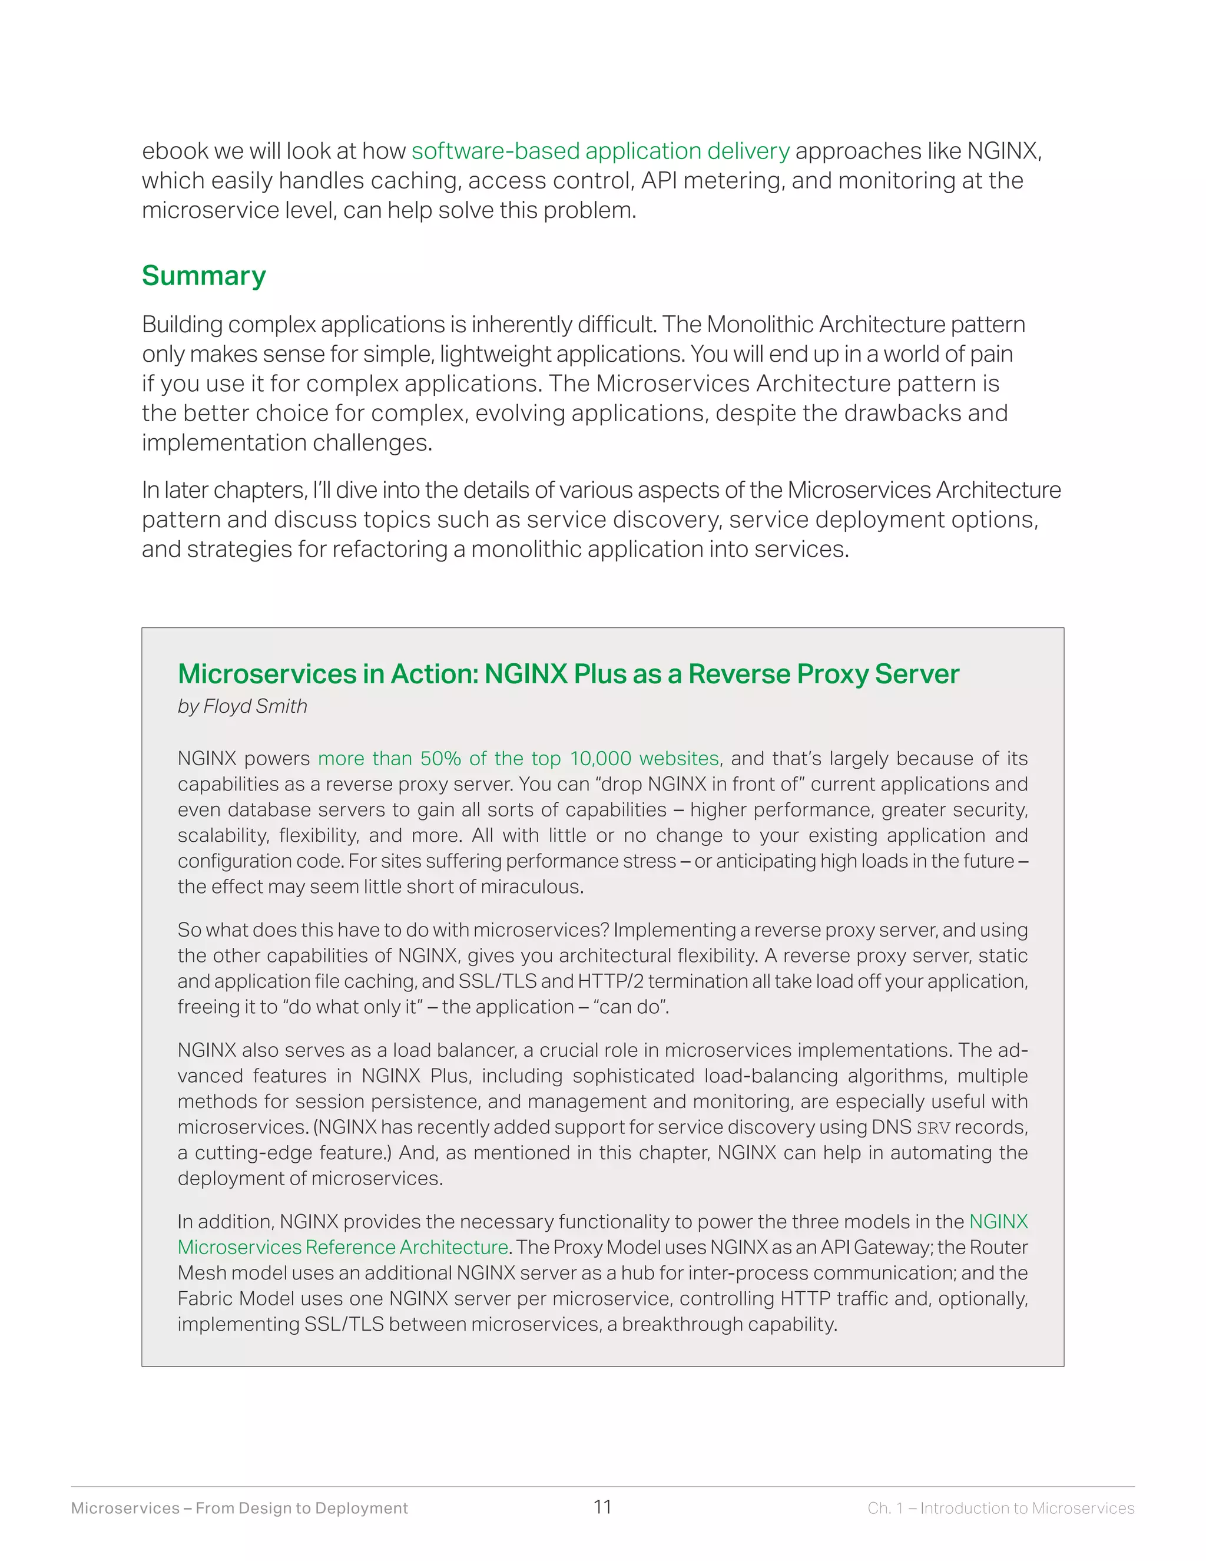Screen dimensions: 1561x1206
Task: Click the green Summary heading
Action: point(204,276)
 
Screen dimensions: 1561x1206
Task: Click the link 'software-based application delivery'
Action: point(600,151)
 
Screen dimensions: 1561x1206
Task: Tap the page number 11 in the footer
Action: point(602,1507)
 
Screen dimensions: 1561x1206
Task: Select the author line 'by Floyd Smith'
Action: point(242,706)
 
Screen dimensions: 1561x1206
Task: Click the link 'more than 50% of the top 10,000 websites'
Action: point(518,758)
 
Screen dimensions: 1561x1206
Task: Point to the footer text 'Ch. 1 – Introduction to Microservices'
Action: point(1000,1508)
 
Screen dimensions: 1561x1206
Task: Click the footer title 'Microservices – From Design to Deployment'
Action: point(239,1508)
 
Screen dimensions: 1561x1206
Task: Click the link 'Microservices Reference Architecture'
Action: point(343,1247)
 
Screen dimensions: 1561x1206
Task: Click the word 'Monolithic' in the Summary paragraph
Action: point(760,325)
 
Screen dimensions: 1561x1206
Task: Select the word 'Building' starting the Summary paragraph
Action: point(182,325)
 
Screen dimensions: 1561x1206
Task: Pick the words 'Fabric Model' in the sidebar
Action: point(236,1299)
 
